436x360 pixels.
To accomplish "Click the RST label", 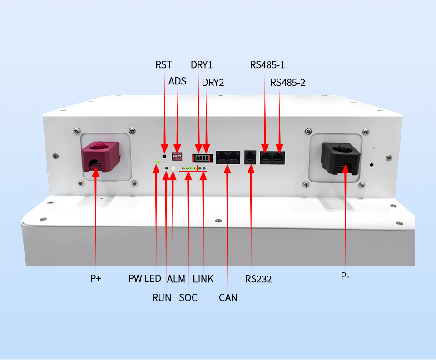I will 163,64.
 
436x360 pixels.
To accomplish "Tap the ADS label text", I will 177,81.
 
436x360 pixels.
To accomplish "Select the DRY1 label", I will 202,64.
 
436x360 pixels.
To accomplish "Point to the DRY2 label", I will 213,82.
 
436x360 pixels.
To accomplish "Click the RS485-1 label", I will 268,64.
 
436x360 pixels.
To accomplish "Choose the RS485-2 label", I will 287,82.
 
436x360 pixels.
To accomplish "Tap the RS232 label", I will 258,279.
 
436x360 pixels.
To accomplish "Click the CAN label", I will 228,297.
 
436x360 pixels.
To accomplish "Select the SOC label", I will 188,297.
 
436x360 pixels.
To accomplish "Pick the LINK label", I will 203,279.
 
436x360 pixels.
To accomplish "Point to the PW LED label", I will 144,279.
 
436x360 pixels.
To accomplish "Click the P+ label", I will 95,278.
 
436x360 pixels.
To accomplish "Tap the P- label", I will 345,276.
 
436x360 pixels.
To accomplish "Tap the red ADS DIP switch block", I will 177,156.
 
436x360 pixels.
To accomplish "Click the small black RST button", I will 164,149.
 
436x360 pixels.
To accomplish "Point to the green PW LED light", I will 157,161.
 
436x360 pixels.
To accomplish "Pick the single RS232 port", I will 251,156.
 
